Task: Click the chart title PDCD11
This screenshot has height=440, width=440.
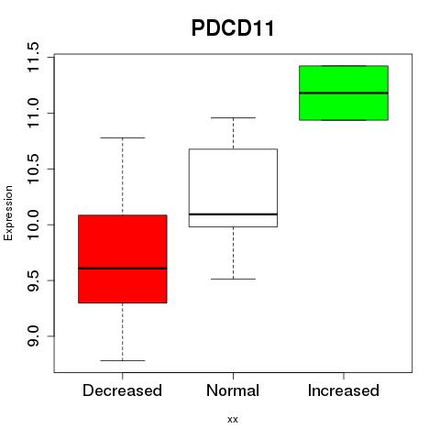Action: (x=233, y=28)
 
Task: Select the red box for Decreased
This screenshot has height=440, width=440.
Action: (x=123, y=258)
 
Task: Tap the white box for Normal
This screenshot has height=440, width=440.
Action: (x=233, y=188)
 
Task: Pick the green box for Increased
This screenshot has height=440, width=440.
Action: (x=344, y=93)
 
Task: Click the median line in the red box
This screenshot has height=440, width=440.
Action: (x=123, y=269)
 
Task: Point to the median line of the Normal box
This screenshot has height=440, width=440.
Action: (x=233, y=214)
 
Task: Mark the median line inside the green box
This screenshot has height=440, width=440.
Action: (x=344, y=93)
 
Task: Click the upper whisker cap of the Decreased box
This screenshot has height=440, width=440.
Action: (x=123, y=137)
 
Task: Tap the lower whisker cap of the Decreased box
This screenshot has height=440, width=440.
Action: (x=123, y=360)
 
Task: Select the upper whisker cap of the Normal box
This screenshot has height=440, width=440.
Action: (x=233, y=117)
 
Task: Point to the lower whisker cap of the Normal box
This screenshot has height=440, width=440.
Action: (x=233, y=279)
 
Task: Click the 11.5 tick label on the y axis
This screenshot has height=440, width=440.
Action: (x=33, y=58)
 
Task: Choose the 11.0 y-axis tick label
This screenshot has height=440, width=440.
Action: (x=33, y=114)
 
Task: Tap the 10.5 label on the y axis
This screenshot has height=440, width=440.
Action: (x=33, y=169)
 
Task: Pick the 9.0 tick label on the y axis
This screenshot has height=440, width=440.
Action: (x=33, y=336)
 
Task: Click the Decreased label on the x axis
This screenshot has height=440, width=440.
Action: (x=122, y=390)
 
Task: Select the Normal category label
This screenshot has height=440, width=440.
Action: (x=233, y=390)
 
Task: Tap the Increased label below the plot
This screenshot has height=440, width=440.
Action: (x=344, y=390)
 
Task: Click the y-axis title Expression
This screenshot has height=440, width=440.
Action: (x=8, y=214)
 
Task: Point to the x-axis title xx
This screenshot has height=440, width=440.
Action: (x=233, y=420)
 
